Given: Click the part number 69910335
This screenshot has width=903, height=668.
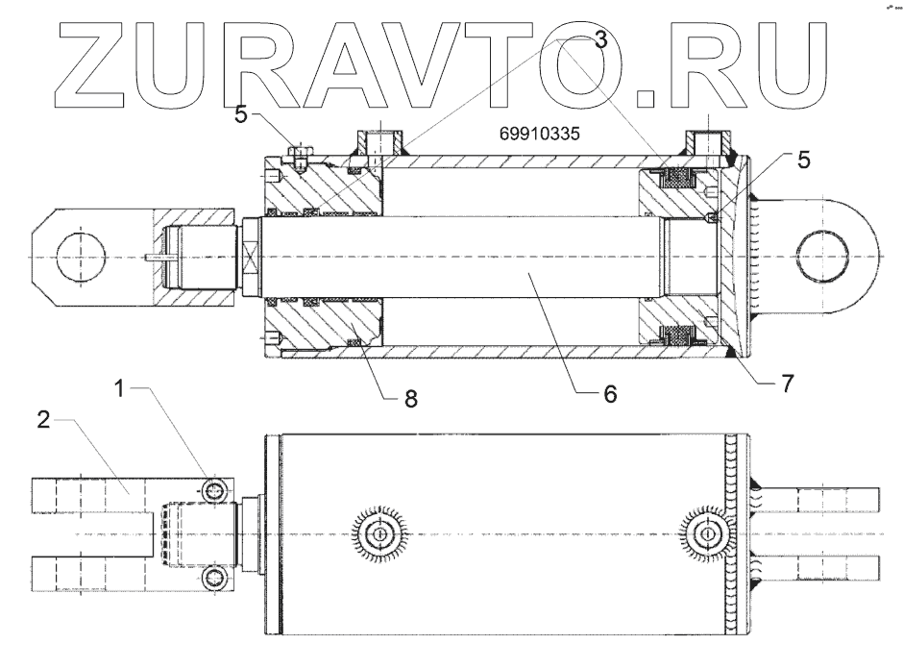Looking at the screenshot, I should coord(539,135).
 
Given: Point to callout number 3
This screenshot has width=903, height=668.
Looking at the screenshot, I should coord(600,39).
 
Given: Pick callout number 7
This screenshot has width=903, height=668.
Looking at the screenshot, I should coord(787,383).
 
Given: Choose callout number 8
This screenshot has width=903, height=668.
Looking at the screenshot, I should coord(410,399).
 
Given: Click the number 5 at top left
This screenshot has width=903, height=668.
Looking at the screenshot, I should coord(241,113).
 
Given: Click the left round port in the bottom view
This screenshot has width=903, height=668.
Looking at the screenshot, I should coord(380,533).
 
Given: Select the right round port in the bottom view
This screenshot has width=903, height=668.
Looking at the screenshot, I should coord(707,533).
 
